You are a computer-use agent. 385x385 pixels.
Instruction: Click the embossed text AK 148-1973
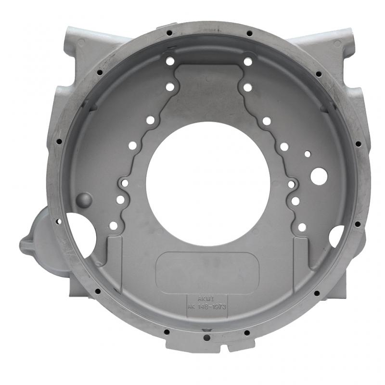click(x=207, y=306)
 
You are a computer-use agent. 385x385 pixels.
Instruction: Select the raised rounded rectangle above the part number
click(x=208, y=273)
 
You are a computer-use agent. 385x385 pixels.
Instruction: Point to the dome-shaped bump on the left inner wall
click(x=85, y=199)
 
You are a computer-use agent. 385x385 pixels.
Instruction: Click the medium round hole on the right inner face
click(x=319, y=177)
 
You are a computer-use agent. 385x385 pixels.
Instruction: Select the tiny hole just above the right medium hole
click(x=308, y=154)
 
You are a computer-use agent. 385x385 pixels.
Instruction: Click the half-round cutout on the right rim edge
click(x=336, y=236)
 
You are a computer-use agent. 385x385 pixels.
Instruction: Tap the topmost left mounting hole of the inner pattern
click(x=170, y=61)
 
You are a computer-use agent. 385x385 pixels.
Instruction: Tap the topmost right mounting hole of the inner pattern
click(x=248, y=62)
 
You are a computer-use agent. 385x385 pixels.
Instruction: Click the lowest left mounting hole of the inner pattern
click(x=114, y=225)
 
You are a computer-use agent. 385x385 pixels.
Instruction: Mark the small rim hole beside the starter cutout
click(x=58, y=222)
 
